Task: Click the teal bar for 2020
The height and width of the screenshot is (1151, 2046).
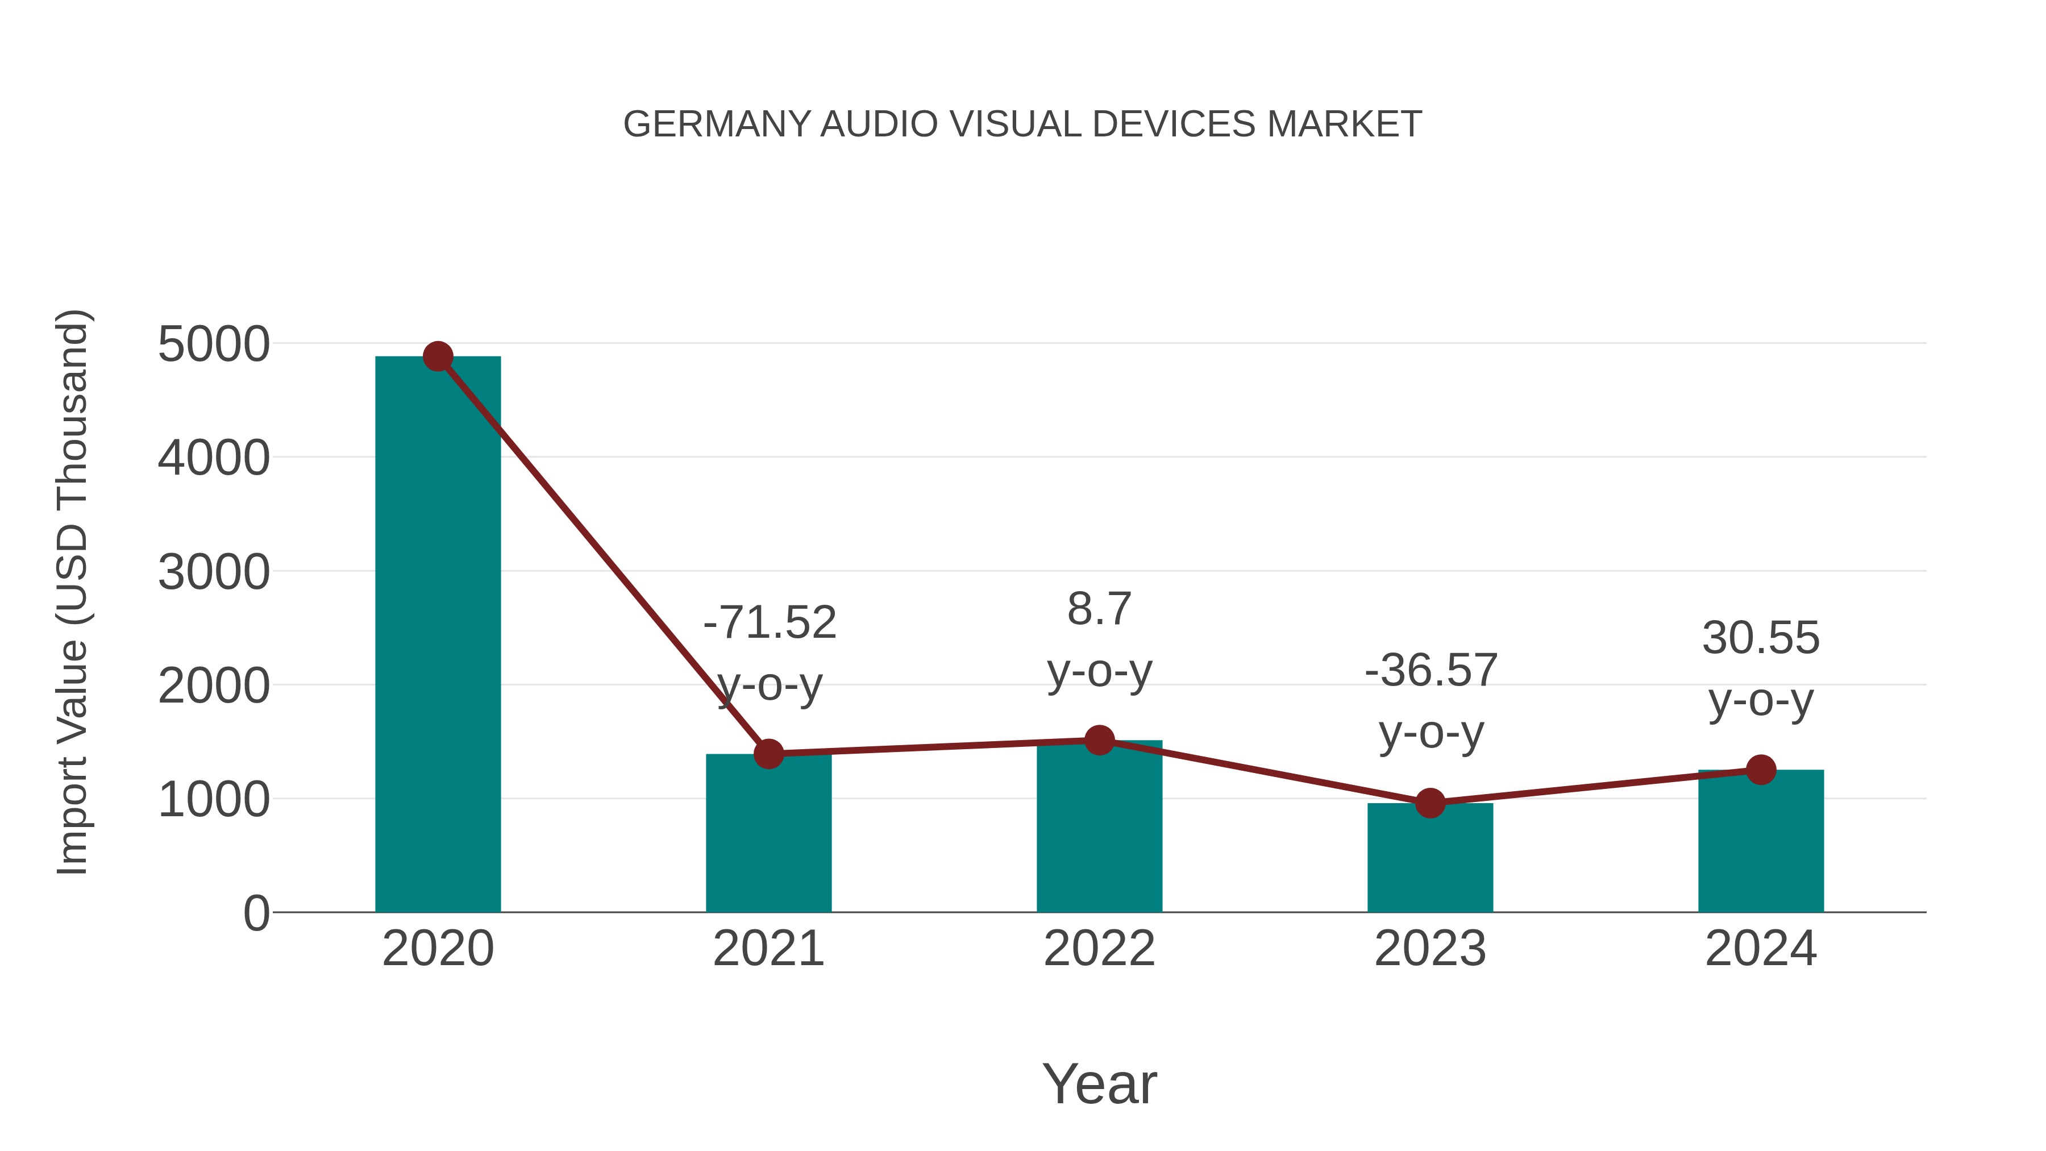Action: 438,635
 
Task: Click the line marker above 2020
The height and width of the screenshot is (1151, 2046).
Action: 438,356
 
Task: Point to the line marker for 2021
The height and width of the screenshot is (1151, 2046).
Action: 768,754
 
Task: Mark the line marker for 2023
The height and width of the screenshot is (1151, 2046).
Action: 1430,803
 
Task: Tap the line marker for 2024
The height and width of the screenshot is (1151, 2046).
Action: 1761,769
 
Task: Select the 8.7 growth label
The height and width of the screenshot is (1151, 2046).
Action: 1099,609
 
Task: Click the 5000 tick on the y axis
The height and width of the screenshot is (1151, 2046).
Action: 214,345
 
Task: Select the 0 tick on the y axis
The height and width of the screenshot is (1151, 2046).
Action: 256,913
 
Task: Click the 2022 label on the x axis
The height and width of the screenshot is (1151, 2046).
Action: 1099,949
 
